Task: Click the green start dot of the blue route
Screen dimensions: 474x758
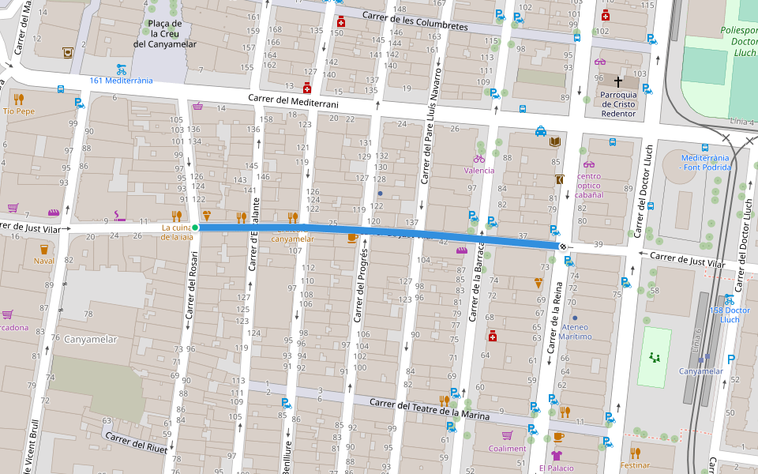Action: pos(195,228)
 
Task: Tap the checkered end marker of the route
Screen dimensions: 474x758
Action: pos(562,247)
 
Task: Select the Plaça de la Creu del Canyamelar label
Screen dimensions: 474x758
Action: pos(165,34)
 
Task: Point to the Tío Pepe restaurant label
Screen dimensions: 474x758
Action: pos(19,111)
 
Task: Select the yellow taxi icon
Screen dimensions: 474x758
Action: pos(540,131)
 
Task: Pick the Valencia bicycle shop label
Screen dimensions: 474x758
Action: pos(479,171)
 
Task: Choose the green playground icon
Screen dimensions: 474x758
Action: pos(654,357)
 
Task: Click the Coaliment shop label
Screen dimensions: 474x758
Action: pos(507,449)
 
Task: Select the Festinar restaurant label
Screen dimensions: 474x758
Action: pos(635,466)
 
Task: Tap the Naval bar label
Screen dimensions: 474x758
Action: pos(44,261)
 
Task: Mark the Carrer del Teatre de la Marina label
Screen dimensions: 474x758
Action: pos(430,408)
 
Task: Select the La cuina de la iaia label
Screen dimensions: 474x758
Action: pos(177,231)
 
